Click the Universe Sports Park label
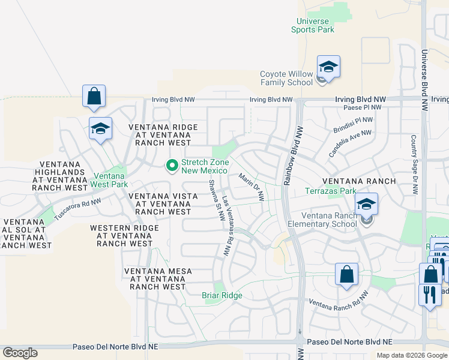coord(313,25)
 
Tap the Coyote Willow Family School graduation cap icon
coord(328,67)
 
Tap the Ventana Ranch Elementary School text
coord(333,220)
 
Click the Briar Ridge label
coord(221,295)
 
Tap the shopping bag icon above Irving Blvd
coord(94,96)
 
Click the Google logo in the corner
coord(20,353)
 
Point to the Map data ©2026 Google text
coord(412,355)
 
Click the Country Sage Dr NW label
coord(414,164)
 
